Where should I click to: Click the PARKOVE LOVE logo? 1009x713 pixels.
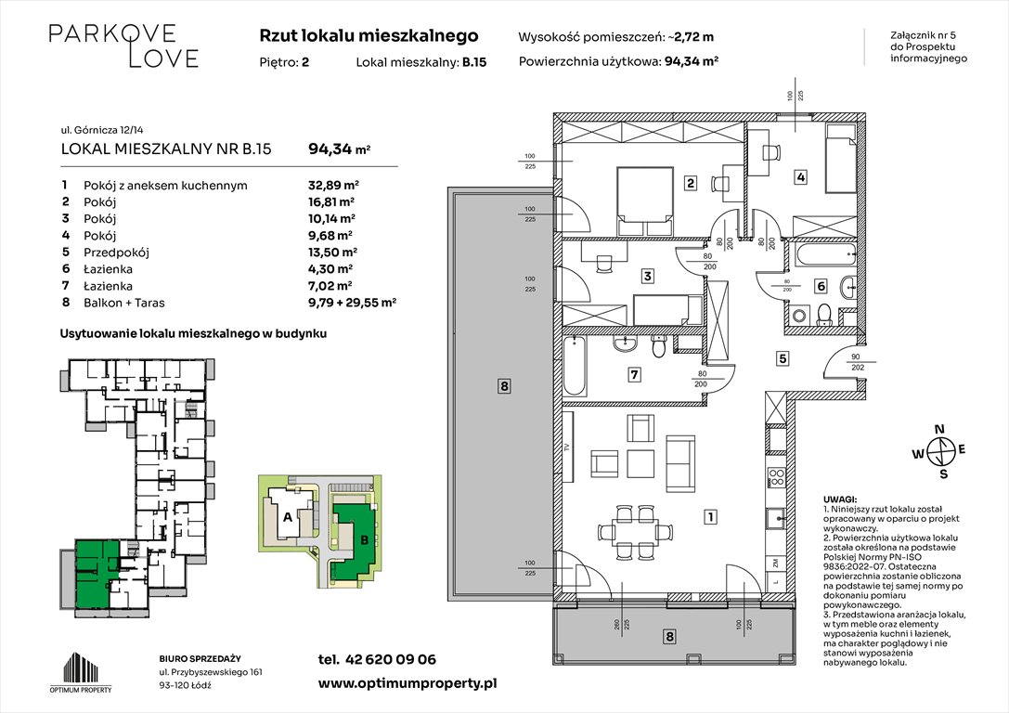click(x=123, y=46)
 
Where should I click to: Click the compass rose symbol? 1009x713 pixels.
click(x=941, y=451)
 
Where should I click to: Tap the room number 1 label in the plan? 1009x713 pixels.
click(x=709, y=516)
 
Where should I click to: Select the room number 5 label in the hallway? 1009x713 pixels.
click(x=783, y=357)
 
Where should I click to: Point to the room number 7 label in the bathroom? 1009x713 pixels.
click(x=634, y=375)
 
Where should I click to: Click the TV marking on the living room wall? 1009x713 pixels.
click(x=567, y=447)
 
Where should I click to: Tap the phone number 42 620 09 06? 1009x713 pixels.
click(x=389, y=659)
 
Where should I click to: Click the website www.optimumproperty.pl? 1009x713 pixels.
click(x=407, y=682)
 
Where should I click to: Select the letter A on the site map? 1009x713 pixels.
click(x=287, y=517)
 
